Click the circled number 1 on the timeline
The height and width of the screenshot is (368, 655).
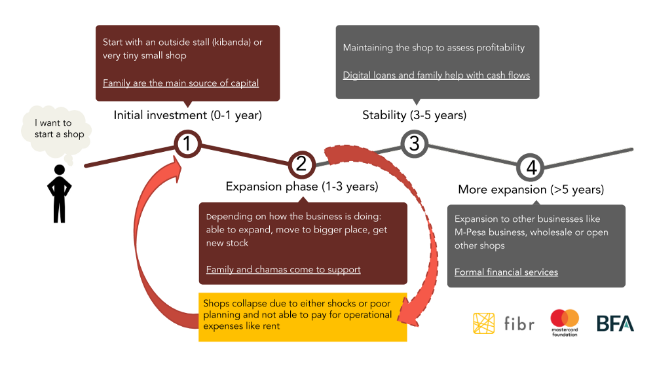tap(187, 143)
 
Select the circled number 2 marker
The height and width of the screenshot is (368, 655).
tap(301, 164)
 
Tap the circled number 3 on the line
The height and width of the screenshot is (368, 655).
tap(415, 143)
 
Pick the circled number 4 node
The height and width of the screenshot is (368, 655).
tap(531, 167)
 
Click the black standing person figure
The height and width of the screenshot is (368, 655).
tap(60, 194)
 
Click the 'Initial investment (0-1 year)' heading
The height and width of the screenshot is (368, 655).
tap(187, 115)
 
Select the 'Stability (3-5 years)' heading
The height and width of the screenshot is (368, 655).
tap(415, 115)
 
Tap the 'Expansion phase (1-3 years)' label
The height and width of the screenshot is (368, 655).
tap(302, 187)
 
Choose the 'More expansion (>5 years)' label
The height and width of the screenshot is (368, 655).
tap(531, 190)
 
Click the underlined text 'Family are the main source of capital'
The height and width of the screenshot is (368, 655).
tap(181, 83)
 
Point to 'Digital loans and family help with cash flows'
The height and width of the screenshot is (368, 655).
tap(436, 75)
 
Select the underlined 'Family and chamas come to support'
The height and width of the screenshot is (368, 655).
tap(283, 270)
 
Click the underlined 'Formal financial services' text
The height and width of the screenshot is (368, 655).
tap(506, 272)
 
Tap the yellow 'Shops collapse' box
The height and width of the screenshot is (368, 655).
tap(303, 317)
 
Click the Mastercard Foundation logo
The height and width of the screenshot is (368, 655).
tap(565, 322)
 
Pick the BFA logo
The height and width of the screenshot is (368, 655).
tap(615, 323)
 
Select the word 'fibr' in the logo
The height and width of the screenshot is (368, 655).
tap(519, 323)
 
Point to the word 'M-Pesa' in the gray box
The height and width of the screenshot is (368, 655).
tap(470, 232)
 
